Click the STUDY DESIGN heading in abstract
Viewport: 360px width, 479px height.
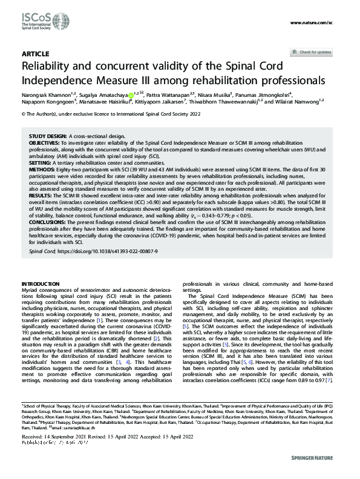point(48,137)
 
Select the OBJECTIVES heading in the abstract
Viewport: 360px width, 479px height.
point(45,143)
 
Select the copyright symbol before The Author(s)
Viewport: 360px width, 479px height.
point(23,113)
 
